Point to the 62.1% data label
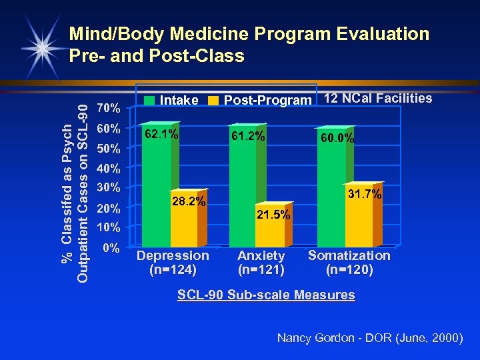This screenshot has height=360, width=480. [x=162, y=134]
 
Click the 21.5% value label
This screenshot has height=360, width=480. [x=274, y=215]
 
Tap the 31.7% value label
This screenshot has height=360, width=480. [x=365, y=194]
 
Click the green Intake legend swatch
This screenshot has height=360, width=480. [x=150, y=101]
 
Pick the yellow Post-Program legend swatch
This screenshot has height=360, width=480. [x=213, y=101]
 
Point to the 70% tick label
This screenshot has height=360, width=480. [x=108, y=107]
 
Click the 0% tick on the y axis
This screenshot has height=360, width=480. [x=111, y=248]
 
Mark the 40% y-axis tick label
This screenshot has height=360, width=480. [x=108, y=168]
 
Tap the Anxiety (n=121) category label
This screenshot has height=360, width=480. [x=261, y=263]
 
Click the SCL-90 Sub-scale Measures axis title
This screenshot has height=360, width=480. [x=266, y=295]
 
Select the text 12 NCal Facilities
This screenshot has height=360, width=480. [x=377, y=98]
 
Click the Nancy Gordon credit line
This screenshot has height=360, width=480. [x=369, y=338]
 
